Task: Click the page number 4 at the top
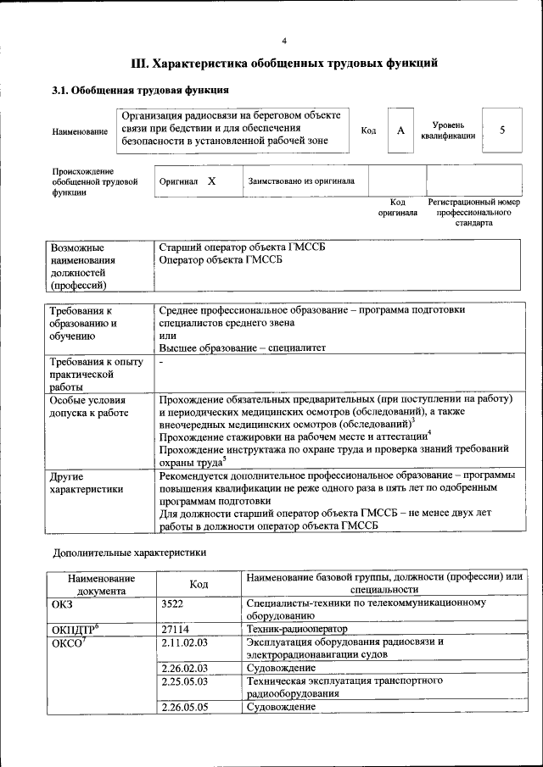pos(284,41)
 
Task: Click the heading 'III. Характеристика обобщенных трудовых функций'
pos(284,64)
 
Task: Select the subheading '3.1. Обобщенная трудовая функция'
pos(140,90)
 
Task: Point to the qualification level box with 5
pos(502,131)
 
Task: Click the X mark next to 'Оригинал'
pos(211,181)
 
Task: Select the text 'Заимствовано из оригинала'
pos(301,181)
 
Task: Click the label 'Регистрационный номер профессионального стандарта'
pos(473,214)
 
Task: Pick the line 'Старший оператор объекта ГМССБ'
pos(243,247)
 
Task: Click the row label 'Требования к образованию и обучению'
pos(85,323)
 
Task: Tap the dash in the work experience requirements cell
pos(161,362)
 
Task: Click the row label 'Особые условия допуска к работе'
pos(88,406)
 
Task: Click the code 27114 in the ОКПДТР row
pos(176,630)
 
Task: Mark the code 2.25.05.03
pos(184,681)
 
